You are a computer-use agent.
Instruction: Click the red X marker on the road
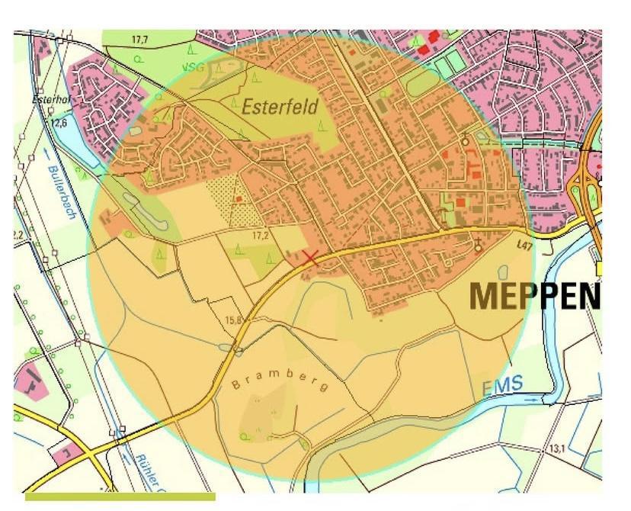coord(310,257)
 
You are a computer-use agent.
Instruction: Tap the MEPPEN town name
coord(533,296)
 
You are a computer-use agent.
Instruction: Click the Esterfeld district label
coord(280,107)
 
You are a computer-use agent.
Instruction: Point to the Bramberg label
coord(279,381)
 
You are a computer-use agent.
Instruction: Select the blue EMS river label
coord(502,387)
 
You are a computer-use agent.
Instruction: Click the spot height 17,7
coord(138,39)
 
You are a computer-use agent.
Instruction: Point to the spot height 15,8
coord(232,320)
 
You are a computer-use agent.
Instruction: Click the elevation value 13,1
coord(557,450)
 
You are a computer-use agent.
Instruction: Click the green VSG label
coord(193,67)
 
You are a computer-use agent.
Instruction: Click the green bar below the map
coord(120,497)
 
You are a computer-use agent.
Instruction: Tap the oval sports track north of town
coord(424,81)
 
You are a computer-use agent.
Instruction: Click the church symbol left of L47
coord(478,246)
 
